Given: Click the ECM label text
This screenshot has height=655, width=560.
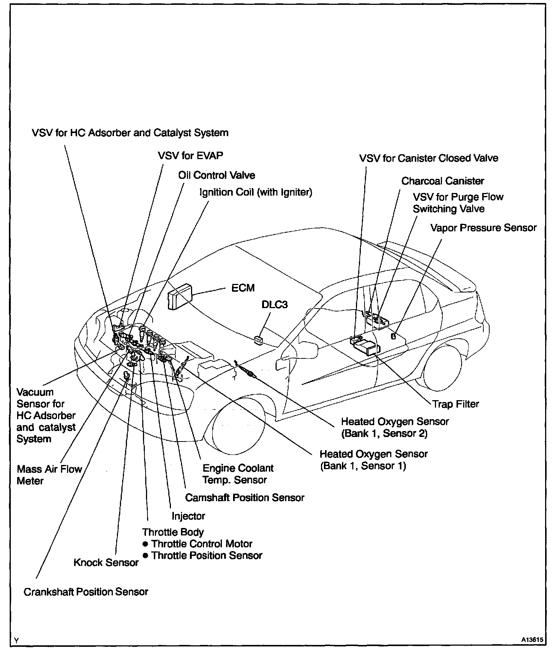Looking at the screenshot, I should (243, 288).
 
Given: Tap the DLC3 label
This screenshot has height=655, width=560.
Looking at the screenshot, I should (274, 304).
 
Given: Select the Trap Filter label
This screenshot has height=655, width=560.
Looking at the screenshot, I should (455, 404).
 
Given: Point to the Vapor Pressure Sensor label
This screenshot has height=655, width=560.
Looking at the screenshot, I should (483, 228).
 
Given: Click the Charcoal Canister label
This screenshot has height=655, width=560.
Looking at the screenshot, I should (442, 181).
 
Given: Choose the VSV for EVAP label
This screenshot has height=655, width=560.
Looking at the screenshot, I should (191, 155).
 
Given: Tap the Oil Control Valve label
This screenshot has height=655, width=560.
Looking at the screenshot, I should (217, 175).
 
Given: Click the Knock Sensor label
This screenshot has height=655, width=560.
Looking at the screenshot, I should (106, 562).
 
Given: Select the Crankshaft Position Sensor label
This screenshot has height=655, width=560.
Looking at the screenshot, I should (86, 592).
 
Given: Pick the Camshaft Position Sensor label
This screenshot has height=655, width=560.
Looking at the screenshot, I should (245, 497).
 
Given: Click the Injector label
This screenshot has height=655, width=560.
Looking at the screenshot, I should (188, 516).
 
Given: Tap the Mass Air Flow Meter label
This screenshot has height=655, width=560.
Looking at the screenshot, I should (49, 475).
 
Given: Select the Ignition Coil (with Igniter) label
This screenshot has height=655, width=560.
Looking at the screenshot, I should (256, 192).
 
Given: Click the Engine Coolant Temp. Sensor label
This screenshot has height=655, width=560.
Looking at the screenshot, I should (238, 474).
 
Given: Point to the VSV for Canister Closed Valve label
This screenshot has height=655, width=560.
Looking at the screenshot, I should (428, 158).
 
